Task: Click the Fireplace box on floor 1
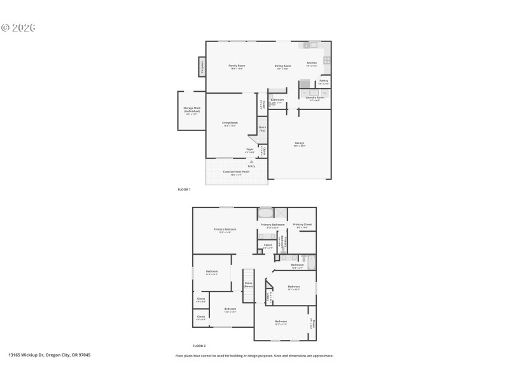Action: pos(202,67)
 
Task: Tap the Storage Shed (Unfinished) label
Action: pos(192,110)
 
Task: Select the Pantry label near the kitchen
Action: pos(323,81)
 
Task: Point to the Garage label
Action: pos(299,143)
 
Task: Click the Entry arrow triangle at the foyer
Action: pos(252,162)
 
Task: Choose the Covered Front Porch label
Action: pos(236,172)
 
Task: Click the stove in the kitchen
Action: pos(327,60)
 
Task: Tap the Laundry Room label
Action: pos(315,98)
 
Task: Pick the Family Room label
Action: pos(237,66)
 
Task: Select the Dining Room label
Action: pos(283,66)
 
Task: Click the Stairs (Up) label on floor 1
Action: pos(262,128)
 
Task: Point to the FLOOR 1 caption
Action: pos(184,189)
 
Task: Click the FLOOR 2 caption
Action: pos(200,345)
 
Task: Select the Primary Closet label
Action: pos(302,225)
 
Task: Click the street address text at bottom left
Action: pos(49,355)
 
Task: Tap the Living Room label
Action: pos(230,124)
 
